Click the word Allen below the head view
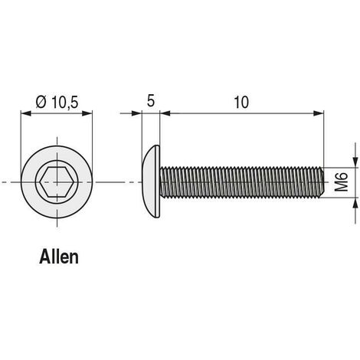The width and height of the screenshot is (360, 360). (59, 257)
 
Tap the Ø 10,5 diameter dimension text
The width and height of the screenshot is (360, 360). (57, 103)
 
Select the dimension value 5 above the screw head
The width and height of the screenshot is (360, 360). (151, 101)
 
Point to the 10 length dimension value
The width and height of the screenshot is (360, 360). (241, 102)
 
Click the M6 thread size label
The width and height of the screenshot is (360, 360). (342, 182)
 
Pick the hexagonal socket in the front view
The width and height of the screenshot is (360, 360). (57, 182)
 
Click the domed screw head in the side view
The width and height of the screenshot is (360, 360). (151, 182)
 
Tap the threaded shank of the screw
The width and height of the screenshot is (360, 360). (241, 182)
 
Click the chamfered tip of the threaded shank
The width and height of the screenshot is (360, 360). (322, 182)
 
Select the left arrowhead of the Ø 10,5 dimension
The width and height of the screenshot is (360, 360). (26, 113)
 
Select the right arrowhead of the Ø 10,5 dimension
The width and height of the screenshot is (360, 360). (87, 113)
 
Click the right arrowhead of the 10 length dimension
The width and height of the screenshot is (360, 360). (319, 113)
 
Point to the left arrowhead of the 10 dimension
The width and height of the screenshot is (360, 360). (165, 113)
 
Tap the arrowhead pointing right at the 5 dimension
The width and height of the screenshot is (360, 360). (136, 113)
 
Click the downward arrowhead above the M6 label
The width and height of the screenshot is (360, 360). (355, 162)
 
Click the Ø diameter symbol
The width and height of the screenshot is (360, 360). (41, 102)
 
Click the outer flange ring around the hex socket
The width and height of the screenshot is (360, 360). (28, 182)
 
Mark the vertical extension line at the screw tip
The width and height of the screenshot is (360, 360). (324, 139)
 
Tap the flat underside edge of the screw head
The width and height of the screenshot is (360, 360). (159, 182)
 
